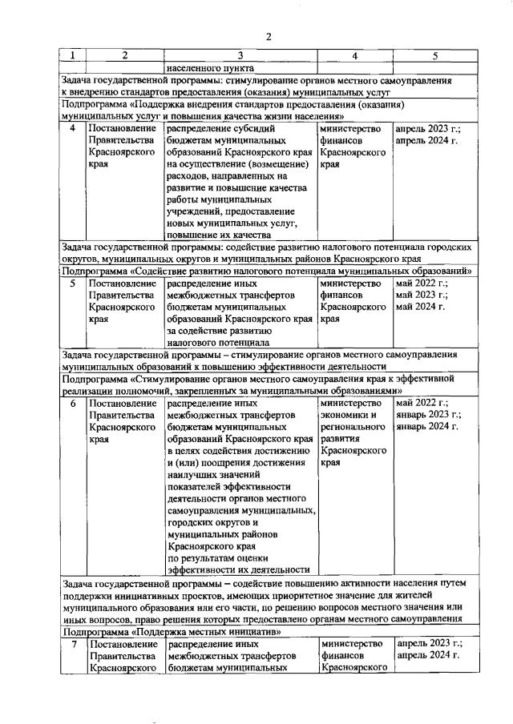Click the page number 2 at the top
tap(269, 37)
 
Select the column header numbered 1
tap(73, 56)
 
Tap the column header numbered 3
tap(240, 56)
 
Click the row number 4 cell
tap(73, 128)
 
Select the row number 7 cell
tap(73, 644)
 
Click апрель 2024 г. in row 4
tap(425, 141)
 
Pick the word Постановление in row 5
tap(120, 283)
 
